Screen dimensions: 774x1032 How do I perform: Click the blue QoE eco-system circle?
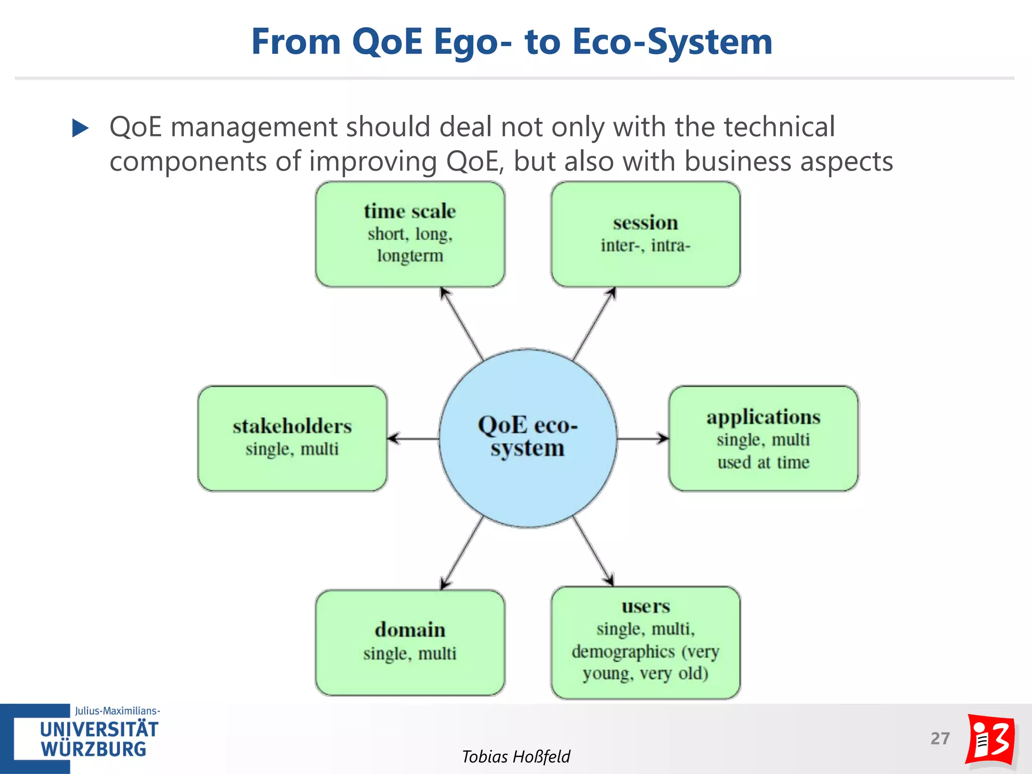[x=528, y=438]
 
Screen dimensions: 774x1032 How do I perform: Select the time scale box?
[x=410, y=234]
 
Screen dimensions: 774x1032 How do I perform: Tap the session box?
[x=645, y=234]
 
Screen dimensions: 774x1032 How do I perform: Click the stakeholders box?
[x=292, y=438]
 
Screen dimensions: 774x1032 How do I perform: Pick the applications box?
[x=763, y=438]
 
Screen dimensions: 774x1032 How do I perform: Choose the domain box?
[x=410, y=642]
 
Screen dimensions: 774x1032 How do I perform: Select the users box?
[x=645, y=642]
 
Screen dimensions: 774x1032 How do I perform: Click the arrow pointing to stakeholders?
[x=413, y=438]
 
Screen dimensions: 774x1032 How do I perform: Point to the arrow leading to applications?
[x=643, y=438]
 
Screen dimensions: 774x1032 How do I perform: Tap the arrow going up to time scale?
[x=462, y=324]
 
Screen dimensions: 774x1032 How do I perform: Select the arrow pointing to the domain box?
[x=462, y=553]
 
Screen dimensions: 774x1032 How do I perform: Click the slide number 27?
[x=940, y=738]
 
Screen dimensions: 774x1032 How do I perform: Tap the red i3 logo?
[x=990, y=740]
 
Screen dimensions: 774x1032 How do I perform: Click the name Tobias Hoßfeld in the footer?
[x=516, y=756]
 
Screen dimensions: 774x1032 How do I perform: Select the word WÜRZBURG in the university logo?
[x=94, y=749]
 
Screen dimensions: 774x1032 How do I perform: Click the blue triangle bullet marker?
[x=80, y=128]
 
